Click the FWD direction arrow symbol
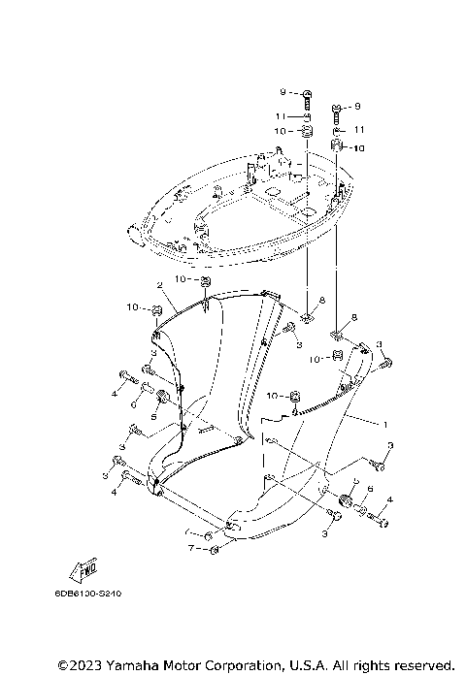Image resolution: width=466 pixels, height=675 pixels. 85,565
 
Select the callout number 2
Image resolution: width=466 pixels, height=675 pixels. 158,285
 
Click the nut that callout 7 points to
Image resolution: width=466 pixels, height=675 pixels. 215,550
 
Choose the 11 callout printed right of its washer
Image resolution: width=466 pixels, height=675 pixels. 358,129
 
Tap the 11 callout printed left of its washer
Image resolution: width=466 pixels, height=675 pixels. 280,116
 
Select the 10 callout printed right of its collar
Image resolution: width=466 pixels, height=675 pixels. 358,148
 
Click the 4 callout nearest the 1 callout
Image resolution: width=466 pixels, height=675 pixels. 389,500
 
